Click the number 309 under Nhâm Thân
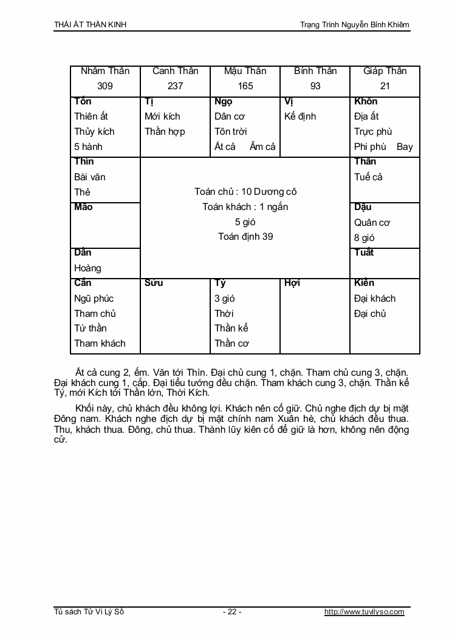pyautogui.click(x=105, y=86)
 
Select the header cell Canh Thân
pyautogui.click(x=175, y=71)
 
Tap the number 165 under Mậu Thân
pyautogui.click(x=245, y=86)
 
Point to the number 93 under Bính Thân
pyautogui.click(x=315, y=86)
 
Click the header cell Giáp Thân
pyautogui.click(x=385, y=71)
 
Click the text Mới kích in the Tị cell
pyautogui.click(x=162, y=117)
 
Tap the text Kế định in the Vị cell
pyautogui.click(x=300, y=117)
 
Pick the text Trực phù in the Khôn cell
pyautogui.click(x=373, y=132)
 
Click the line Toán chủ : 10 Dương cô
pyautogui.click(x=245, y=192)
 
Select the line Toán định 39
pyautogui.click(x=245, y=237)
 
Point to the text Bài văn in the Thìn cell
pyautogui.click(x=90, y=177)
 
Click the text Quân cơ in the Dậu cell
pyautogui.click(x=372, y=223)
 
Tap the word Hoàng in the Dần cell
pyautogui.click(x=87, y=268)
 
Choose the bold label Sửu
pyautogui.click(x=154, y=283)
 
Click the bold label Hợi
pyautogui.click(x=292, y=283)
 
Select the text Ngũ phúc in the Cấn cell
pyautogui.click(x=94, y=299)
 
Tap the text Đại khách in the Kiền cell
pyautogui.click(x=375, y=299)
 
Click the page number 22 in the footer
pyautogui.click(x=232, y=612)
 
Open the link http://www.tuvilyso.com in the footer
pyautogui.click(x=365, y=612)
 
